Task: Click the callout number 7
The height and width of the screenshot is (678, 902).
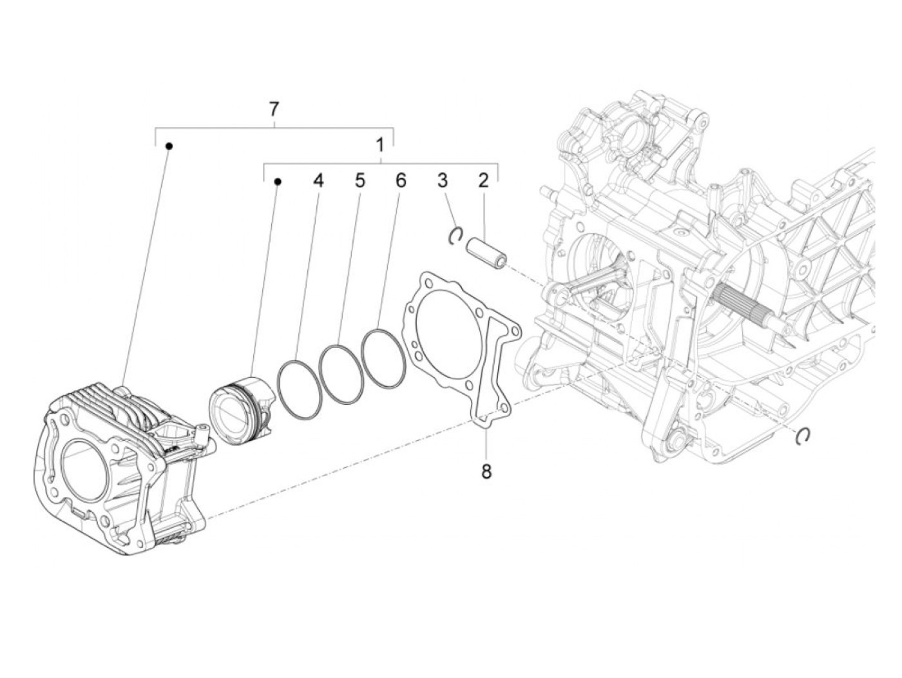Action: (274, 109)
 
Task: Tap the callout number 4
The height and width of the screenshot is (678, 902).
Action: (317, 181)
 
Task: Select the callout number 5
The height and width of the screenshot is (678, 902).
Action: (360, 181)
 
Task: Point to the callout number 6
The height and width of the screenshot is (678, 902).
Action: (401, 181)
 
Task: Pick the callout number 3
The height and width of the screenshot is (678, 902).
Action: (442, 181)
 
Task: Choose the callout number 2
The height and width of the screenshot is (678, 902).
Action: (483, 181)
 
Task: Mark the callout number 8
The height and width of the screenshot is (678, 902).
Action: (486, 472)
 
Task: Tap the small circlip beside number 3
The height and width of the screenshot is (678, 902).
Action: (456, 236)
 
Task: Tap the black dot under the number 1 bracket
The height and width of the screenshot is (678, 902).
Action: (278, 182)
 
